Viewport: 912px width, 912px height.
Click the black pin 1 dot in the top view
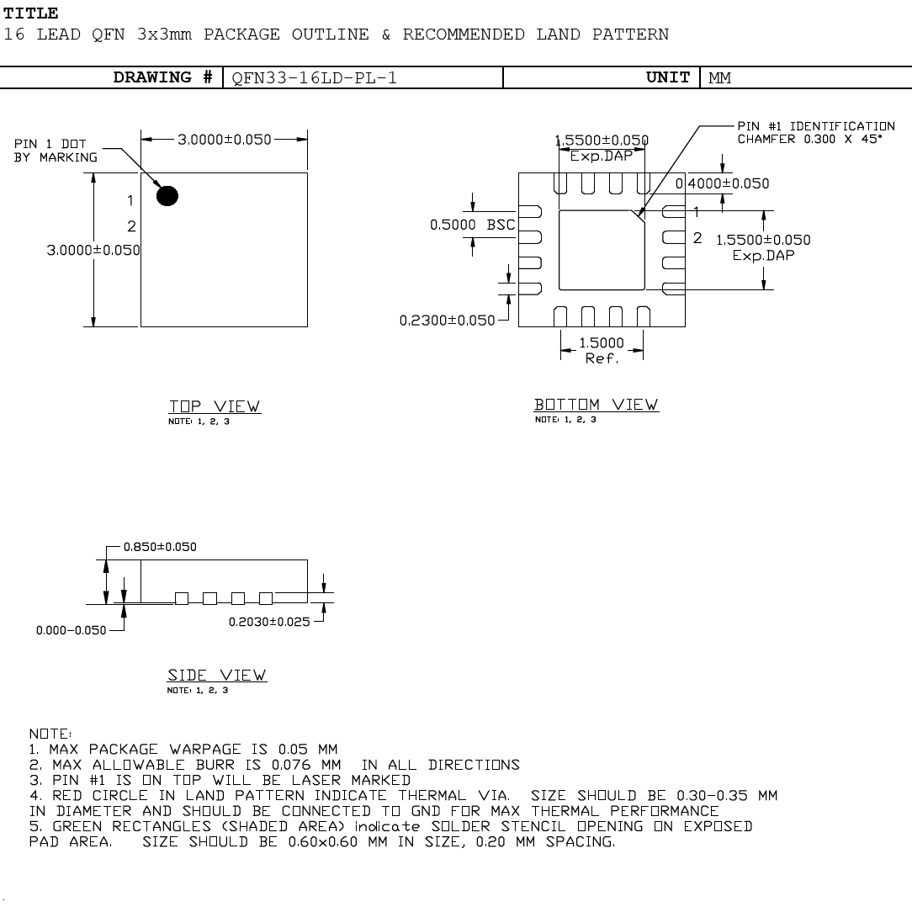coord(167,196)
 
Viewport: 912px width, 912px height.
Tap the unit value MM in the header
coord(719,78)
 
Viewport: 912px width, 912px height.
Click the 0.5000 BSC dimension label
coord(472,225)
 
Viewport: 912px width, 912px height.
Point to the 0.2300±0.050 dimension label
coord(447,321)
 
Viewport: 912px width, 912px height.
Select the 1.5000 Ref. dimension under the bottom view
coord(602,350)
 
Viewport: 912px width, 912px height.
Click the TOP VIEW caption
coord(215,407)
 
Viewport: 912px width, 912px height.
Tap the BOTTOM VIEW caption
coord(597,405)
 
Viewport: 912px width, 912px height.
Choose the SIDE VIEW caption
coord(217,676)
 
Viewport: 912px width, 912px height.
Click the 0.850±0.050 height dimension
coord(160,547)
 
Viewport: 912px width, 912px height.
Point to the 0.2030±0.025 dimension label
coord(269,622)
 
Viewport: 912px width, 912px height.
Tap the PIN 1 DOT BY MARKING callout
coord(56,151)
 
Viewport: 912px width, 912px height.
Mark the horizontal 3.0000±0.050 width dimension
coord(225,140)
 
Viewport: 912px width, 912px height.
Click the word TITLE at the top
coord(31,13)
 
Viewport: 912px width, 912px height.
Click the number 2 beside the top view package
coord(131,226)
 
